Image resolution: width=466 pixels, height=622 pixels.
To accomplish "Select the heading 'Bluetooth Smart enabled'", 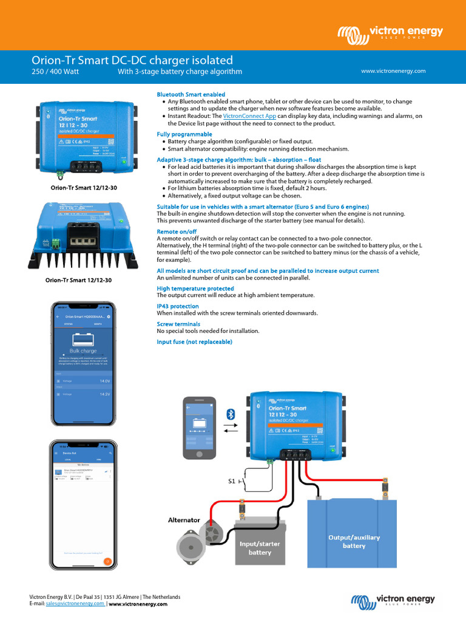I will click(191, 94).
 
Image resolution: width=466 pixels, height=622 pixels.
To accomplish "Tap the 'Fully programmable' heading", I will click(184, 134).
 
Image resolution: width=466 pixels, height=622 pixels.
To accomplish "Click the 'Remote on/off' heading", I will click(177, 231).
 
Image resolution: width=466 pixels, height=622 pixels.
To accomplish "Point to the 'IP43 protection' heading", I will click(178, 306).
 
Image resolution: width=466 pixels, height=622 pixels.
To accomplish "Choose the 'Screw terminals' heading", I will click(178, 324).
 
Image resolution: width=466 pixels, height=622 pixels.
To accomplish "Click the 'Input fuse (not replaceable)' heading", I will click(194, 342).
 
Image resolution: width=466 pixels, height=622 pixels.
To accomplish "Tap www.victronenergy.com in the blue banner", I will click(393, 71).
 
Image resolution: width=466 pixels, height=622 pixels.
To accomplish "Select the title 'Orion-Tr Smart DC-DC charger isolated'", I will click(132, 60).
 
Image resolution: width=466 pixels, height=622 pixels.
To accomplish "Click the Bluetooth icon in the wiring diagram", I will click(231, 414).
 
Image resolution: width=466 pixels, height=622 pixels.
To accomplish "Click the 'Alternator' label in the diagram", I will click(183, 520).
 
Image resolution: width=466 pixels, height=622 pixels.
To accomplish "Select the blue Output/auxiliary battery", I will click(353, 535).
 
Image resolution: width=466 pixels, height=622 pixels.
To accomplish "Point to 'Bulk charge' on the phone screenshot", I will click(83, 350).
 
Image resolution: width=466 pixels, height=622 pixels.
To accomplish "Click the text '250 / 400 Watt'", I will click(55, 72).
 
